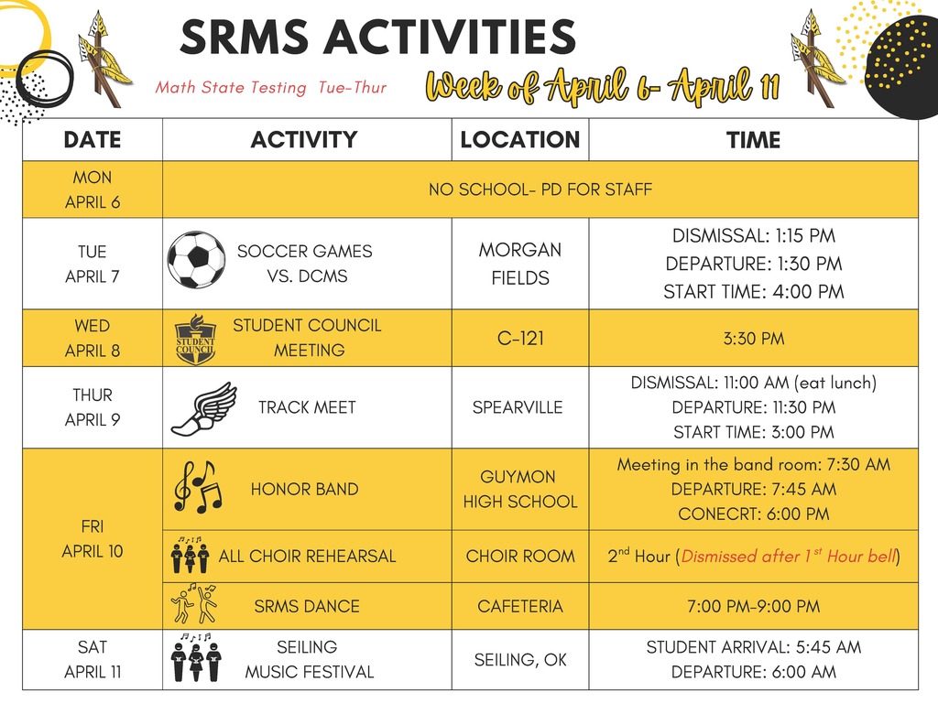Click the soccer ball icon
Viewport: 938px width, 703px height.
[x=196, y=260]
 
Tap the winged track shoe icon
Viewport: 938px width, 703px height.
[x=203, y=408]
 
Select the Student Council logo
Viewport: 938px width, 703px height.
[x=195, y=339]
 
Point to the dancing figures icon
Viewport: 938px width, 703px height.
[x=194, y=605]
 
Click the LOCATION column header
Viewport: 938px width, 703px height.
[x=519, y=140]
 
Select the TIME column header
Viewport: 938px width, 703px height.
[x=753, y=140]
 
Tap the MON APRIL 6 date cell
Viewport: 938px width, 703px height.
[x=93, y=189]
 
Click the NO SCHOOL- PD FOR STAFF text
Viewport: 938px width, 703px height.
[x=540, y=189]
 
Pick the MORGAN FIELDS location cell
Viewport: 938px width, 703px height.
[x=520, y=263]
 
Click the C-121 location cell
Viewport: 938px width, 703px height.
[x=520, y=339]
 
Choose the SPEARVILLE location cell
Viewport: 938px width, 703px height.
[x=518, y=407]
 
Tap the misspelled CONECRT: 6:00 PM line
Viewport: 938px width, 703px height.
[x=753, y=514]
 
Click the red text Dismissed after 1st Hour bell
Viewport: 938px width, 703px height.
[x=788, y=556]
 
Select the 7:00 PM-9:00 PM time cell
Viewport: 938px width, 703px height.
[x=753, y=606]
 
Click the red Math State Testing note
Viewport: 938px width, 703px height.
[x=271, y=88]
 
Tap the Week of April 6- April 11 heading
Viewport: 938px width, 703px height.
[x=603, y=88]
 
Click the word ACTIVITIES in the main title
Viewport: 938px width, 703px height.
[x=449, y=38]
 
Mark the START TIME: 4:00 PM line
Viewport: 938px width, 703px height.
[x=753, y=292]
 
